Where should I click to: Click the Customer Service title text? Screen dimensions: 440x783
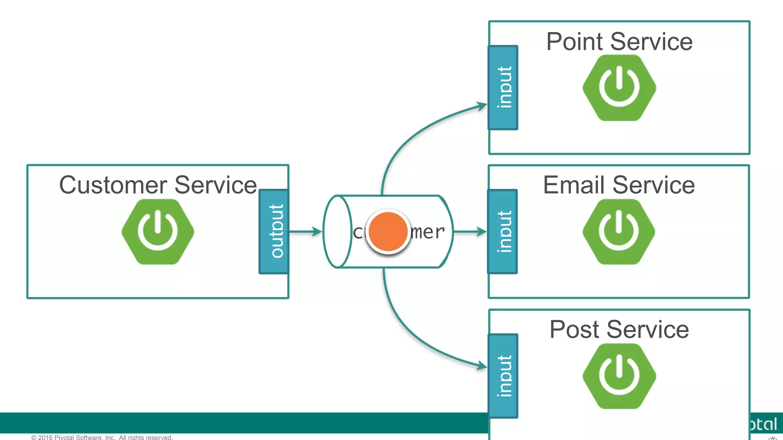pyautogui.click(x=158, y=185)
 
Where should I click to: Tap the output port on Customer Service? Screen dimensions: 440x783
pyautogui.click(x=274, y=231)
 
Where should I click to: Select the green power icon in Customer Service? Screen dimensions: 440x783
pyautogui.click(x=158, y=232)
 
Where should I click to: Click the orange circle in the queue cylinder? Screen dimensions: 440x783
pyautogui.click(x=388, y=232)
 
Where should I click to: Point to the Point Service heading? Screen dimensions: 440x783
pyautogui.click(x=619, y=42)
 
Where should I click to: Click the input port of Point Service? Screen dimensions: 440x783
pyautogui.click(x=503, y=87)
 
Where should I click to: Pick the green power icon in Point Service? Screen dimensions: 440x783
pyautogui.click(x=619, y=88)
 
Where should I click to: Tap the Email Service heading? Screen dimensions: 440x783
pyautogui.click(x=619, y=185)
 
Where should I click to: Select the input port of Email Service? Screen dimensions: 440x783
pyautogui.click(x=503, y=231)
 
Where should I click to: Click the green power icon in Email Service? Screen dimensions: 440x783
pyautogui.click(x=619, y=232)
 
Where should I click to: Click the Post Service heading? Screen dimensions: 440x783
pyautogui.click(x=619, y=329)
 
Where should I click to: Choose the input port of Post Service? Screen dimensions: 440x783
pyautogui.click(x=503, y=376)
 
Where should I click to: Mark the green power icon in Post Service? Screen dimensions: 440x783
pyautogui.click(x=619, y=376)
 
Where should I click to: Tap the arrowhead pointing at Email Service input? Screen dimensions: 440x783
pyautogui.click(x=481, y=231)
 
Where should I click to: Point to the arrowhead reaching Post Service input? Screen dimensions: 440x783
pyautogui.click(x=482, y=366)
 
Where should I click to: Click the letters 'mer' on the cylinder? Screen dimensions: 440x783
pyautogui.click(x=427, y=232)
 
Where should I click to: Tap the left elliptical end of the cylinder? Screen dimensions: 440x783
pyautogui.click(x=337, y=231)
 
